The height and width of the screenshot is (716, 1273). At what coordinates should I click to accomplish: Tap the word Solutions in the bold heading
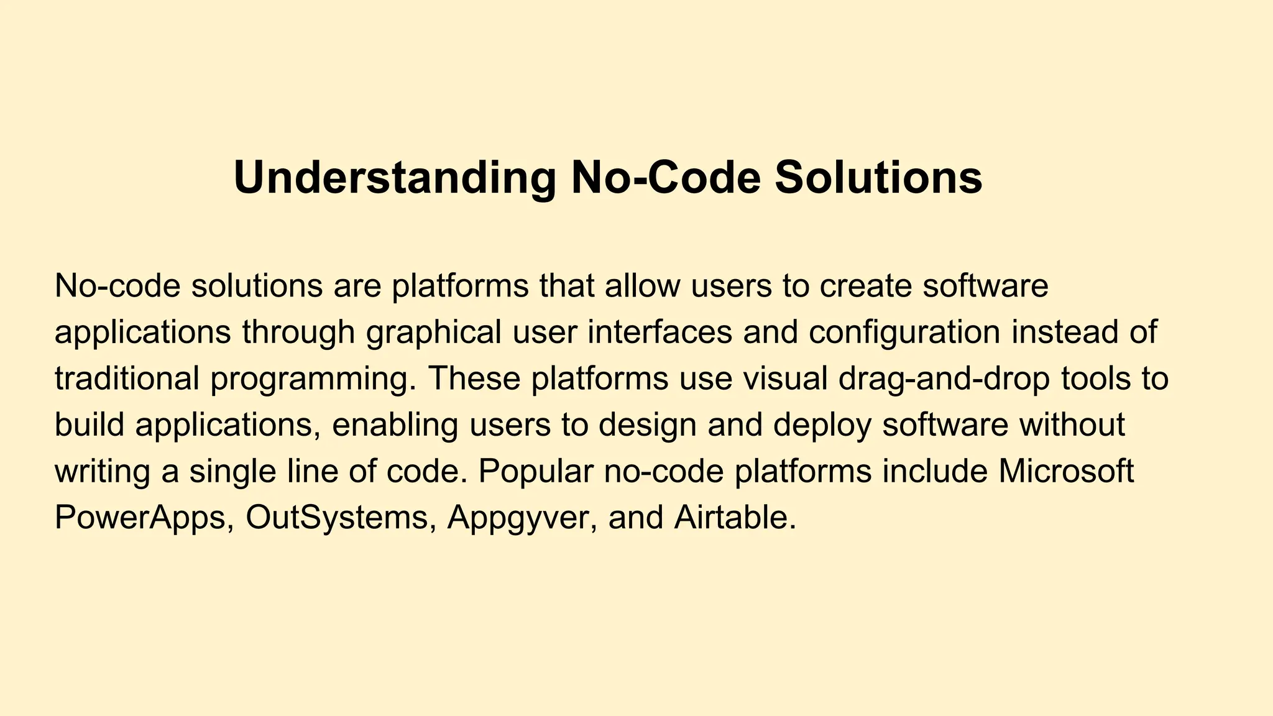pyautogui.click(x=878, y=178)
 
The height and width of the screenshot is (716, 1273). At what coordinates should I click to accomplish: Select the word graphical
pyautogui.click(x=433, y=332)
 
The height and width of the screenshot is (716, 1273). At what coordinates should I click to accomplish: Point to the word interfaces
pyautogui.click(x=659, y=332)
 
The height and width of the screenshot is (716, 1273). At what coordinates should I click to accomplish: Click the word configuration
pyautogui.click(x=904, y=332)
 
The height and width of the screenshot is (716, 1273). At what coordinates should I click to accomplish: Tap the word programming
pyautogui.click(x=313, y=379)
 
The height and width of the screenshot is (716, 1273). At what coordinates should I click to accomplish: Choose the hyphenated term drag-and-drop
pyautogui.click(x=944, y=379)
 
